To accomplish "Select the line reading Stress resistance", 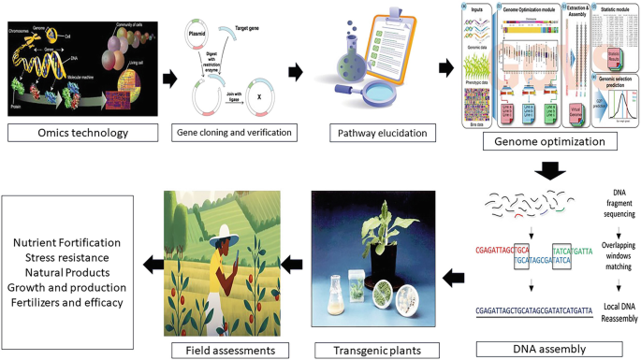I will pyautogui.click(x=67, y=258).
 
